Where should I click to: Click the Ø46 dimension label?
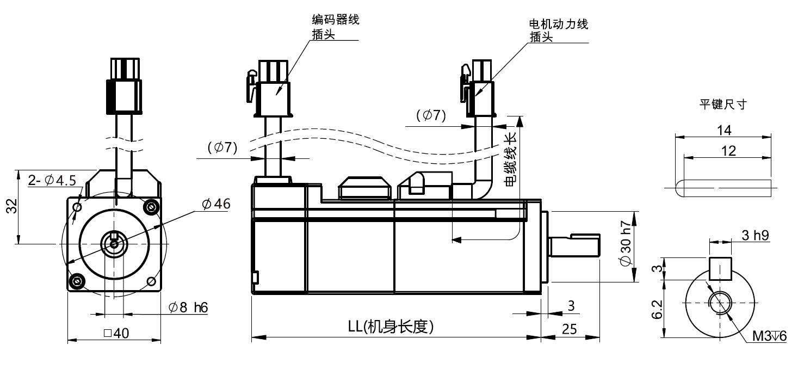coord(216,204)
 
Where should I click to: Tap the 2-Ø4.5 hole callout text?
coord(52,180)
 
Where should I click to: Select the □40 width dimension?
coord(116,333)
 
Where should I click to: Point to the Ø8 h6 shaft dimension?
coord(188,308)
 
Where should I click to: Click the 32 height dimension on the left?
coord(12,206)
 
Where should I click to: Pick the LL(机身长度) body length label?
coord(391,327)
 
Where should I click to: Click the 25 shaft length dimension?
coord(569,329)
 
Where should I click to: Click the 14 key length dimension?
coord(724,130)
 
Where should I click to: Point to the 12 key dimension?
coord(728,151)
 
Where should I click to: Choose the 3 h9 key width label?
coord(755,235)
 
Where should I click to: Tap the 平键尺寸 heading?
coord(723,104)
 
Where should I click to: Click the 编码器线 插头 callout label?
coord(335,27)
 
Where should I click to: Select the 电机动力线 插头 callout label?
coord(559,30)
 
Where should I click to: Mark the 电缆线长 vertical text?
coord(510,159)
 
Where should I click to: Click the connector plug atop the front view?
coord(124,86)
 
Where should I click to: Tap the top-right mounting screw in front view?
coord(151,207)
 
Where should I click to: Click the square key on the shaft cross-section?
coord(720,269)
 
